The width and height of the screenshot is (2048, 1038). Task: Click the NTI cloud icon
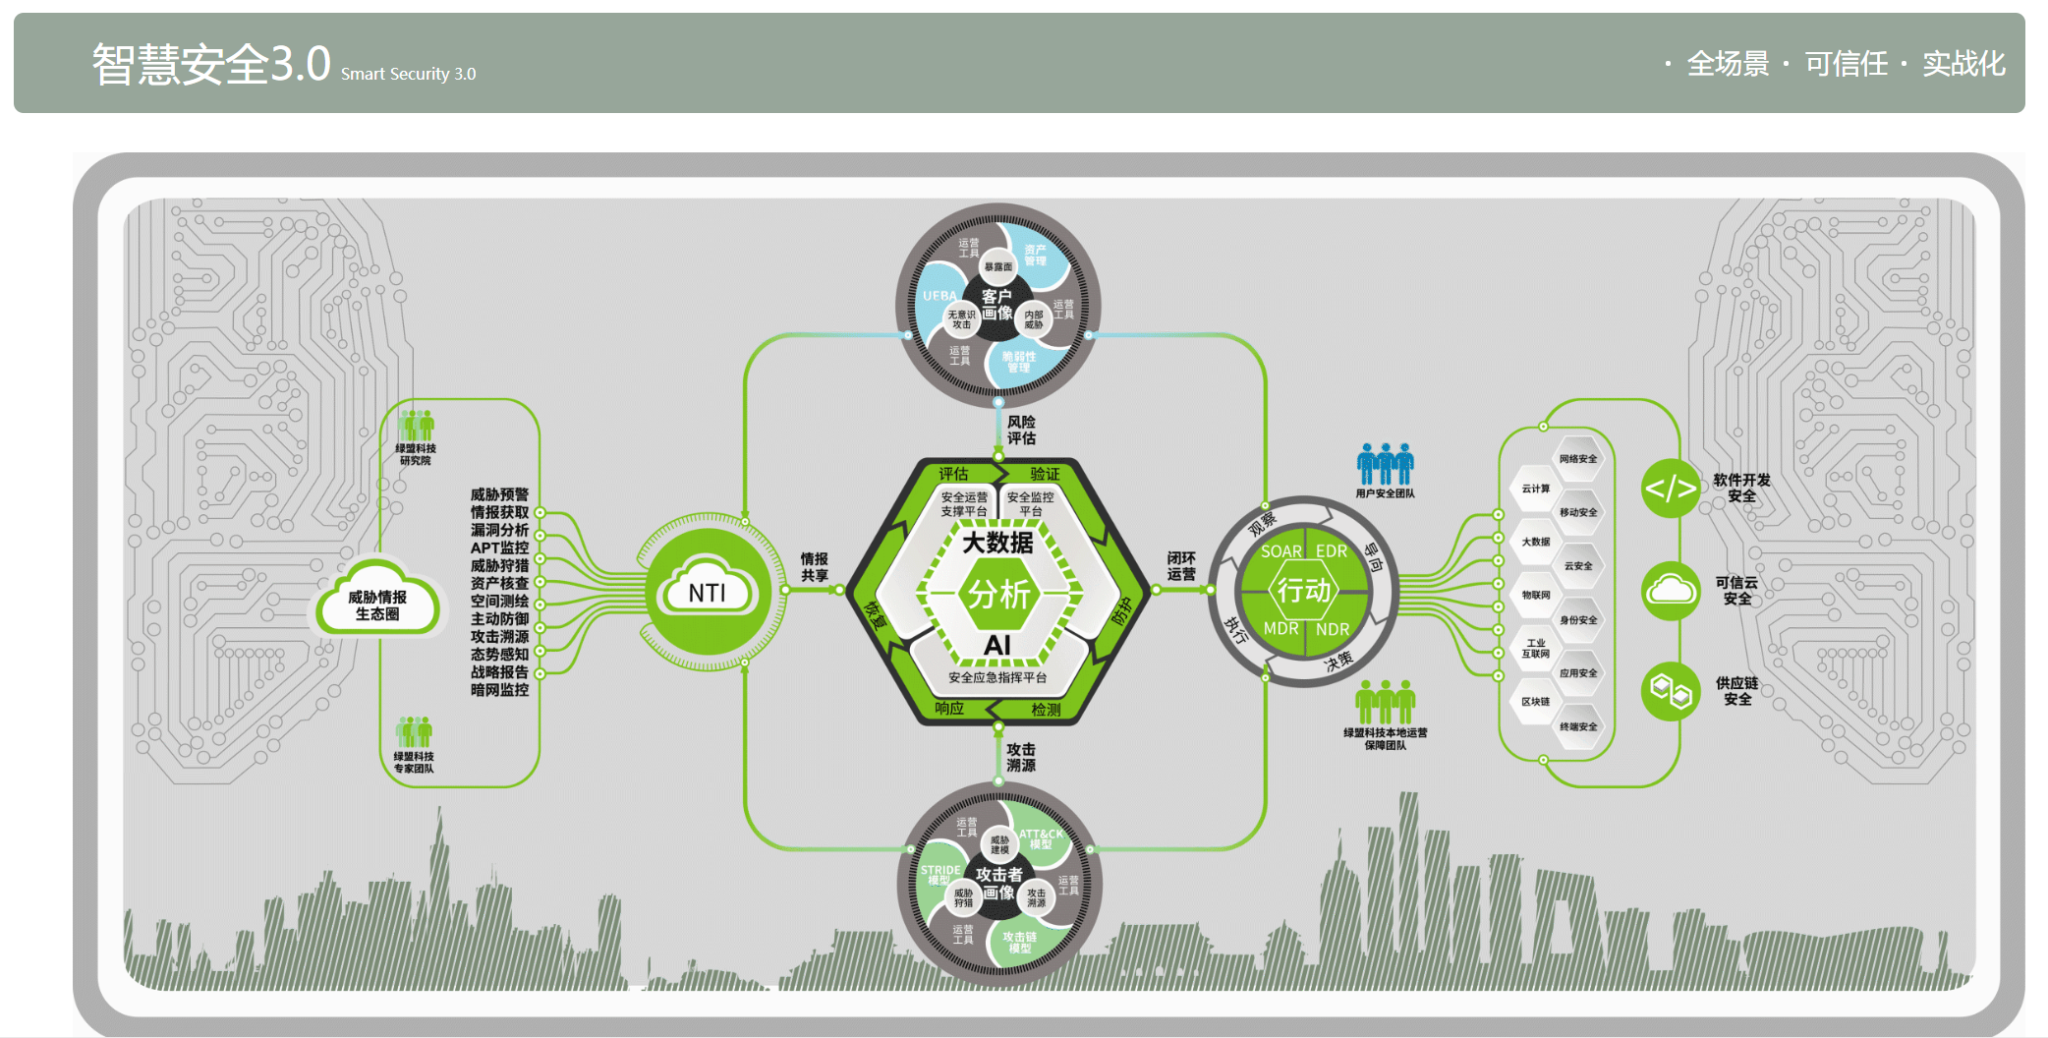(707, 591)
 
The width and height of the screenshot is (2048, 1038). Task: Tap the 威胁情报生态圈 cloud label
(377, 605)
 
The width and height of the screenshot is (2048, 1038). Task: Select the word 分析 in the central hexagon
(998, 594)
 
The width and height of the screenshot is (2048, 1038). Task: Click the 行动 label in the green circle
(1303, 590)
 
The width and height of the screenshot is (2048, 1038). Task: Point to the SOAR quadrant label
(1280, 551)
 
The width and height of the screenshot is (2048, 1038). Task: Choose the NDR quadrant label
(1332, 629)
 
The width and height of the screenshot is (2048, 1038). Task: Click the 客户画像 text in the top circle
(996, 305)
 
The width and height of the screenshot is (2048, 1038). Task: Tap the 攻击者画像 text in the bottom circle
(998, 883)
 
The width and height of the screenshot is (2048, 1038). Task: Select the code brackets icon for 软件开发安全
(1670, 488)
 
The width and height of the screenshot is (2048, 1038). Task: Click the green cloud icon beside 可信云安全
(1670, 591)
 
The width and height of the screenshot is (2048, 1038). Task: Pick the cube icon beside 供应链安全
(1670, 691)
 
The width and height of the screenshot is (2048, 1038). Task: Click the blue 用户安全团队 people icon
(1385, 463)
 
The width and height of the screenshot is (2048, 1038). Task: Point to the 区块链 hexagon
(1535, 702)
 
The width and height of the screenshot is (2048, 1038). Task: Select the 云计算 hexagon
(1535, 489)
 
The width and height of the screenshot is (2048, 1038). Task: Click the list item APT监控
(499, 548)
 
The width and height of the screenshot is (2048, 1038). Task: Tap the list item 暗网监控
(499, 690)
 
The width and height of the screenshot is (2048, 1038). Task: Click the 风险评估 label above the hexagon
(1021, 430)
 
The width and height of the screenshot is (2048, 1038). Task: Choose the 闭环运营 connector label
(1181, 566)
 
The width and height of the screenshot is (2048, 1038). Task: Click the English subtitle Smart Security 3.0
(408, 74)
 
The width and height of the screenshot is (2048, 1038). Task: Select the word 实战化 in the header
(1963, 64)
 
